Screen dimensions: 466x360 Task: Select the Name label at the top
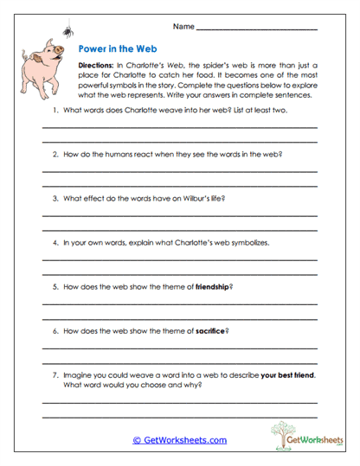point(183,28)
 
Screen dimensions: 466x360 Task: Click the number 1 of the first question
point(55,110)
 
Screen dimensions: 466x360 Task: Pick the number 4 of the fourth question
point(55,242)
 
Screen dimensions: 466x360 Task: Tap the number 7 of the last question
point(55,374)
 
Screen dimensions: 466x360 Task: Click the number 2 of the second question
point(55,154)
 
